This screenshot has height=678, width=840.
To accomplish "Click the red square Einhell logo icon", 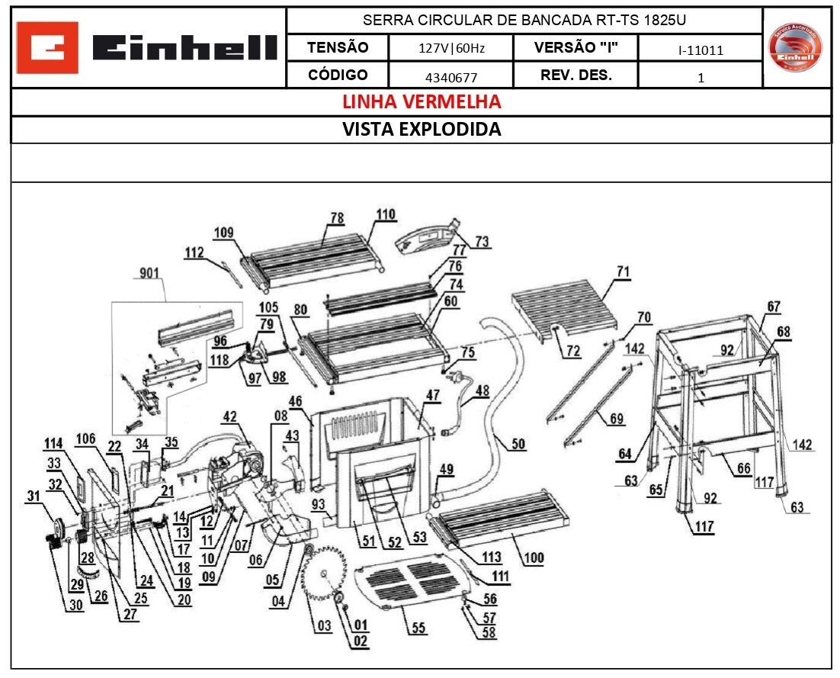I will click(x=46, y=47).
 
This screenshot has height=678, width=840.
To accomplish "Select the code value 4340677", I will click(x=450, y=77).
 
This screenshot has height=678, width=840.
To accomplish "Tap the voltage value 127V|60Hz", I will click(x=451, y=49).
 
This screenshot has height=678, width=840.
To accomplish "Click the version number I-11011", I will click(x=700, y=51).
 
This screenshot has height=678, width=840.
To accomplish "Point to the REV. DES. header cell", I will click(x=575, y=76).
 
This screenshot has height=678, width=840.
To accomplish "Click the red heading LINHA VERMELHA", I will click(x=421, y=102).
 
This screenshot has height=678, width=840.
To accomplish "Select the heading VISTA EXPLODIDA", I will click(x=421, y=130).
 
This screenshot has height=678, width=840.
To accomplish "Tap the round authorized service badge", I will click(x=796, y=47).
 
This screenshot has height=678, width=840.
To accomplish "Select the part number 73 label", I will click(x=481, y=242).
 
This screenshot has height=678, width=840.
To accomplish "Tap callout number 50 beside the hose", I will click(x=518, y=445).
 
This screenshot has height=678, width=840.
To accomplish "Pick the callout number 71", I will click(x=624, y=272).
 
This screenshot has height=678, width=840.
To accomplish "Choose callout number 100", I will click(x=534, y=558).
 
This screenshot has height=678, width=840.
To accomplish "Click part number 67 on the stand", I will click(x=774, y=307).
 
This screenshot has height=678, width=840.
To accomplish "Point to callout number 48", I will click(x=483, y=391).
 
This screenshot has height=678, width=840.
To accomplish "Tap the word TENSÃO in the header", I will click(x=337, y=47).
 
